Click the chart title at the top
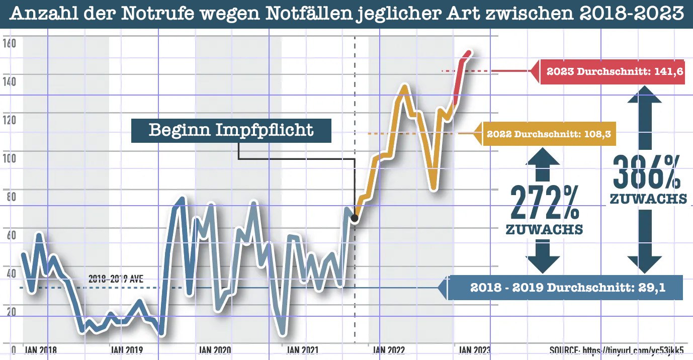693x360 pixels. (x=347, y=14)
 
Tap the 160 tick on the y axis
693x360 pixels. (x=10, y=44)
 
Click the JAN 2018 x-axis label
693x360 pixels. (x=41, y=350)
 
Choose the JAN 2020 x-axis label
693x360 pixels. (x=215, y=350)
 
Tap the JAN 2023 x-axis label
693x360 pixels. (x=473, y=350)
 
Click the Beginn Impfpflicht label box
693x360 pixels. (x=231, y=130)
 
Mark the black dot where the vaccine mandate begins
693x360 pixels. (x=354, y=218)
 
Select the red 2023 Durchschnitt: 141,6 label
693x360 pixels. (x=614, y=71)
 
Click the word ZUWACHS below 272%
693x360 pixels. (x=544, y=230)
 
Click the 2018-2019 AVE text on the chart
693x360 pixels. (x=116, y=279)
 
